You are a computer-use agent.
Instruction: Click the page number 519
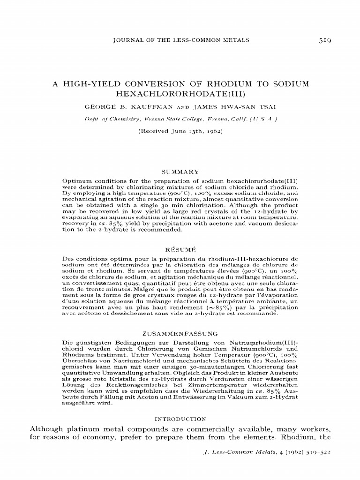[324, 40]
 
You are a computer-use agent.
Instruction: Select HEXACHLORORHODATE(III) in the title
[180, 94]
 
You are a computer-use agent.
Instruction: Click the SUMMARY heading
[180, 172]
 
